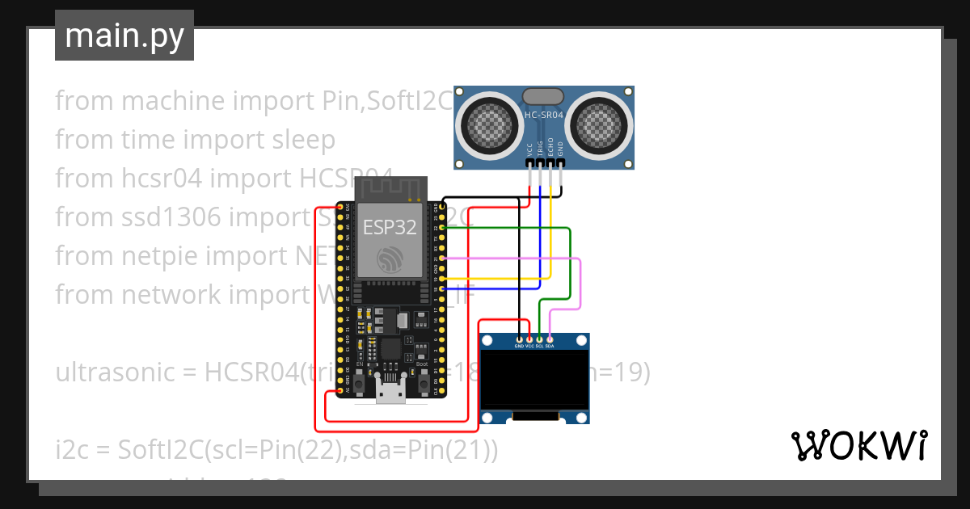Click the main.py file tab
pyautogui.click(x=124, y=36)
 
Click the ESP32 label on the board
pyautogui.click(x=390, y=227)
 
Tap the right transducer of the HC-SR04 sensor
pyautogui.click(x=600, y=124)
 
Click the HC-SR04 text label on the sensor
pyautogui.click(x=544, y=116)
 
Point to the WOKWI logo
pyautogui.click(x=858, y=445)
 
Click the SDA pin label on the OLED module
pyautogui.click(x=550, y=346)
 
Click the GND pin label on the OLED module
pyautogui.click(x=520, y=346)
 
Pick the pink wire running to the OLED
pyautogui.click(x=580, y=283)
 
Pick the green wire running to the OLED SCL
pyautogui.click(x=571, y=267)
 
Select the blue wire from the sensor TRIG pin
pyautogui.click(x=540, y=242)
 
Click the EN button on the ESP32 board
pyautogui.click(x=359, y=378)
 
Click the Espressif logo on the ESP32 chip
pyautogui.click(x=390, y=260)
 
